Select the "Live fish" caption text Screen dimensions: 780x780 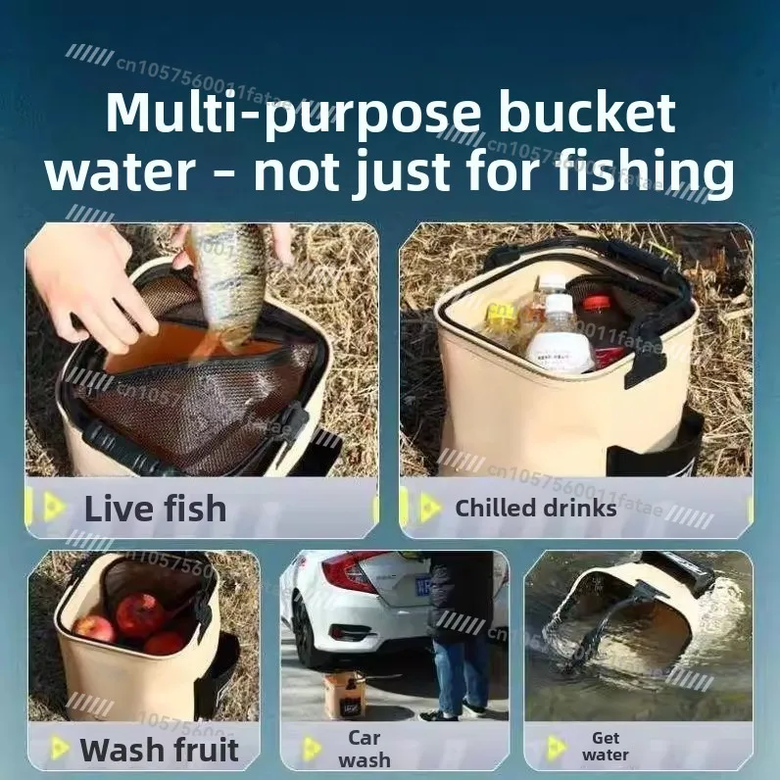(x=155, y=509)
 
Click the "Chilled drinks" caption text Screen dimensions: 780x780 (x=535, y=508)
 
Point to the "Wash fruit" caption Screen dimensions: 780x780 (x=159, y=750)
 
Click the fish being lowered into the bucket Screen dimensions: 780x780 (x=226, y=284)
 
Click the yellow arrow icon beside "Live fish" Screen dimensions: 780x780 (x=55, y=507)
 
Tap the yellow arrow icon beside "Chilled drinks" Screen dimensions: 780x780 (x=429, y=507)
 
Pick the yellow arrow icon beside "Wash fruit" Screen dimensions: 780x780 (x=59, y=750)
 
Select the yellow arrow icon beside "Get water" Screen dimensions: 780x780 (x=556, y=748)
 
